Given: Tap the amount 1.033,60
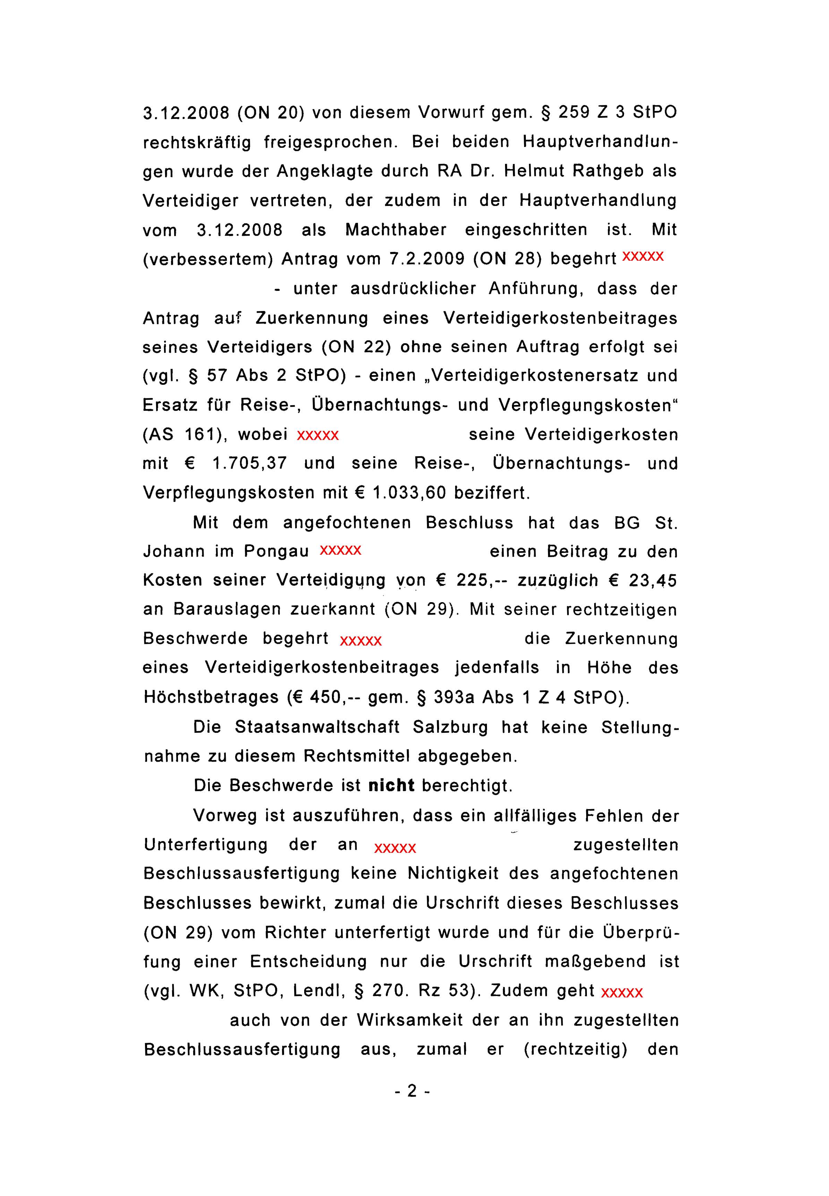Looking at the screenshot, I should [410, 493].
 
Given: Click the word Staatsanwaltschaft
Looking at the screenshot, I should [317, 727].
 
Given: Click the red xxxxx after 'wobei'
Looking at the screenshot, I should [318, 435].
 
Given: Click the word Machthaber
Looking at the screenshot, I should [396, 229].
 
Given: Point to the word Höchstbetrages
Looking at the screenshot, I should [211, 697].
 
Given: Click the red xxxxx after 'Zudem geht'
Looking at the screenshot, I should [622, 993].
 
